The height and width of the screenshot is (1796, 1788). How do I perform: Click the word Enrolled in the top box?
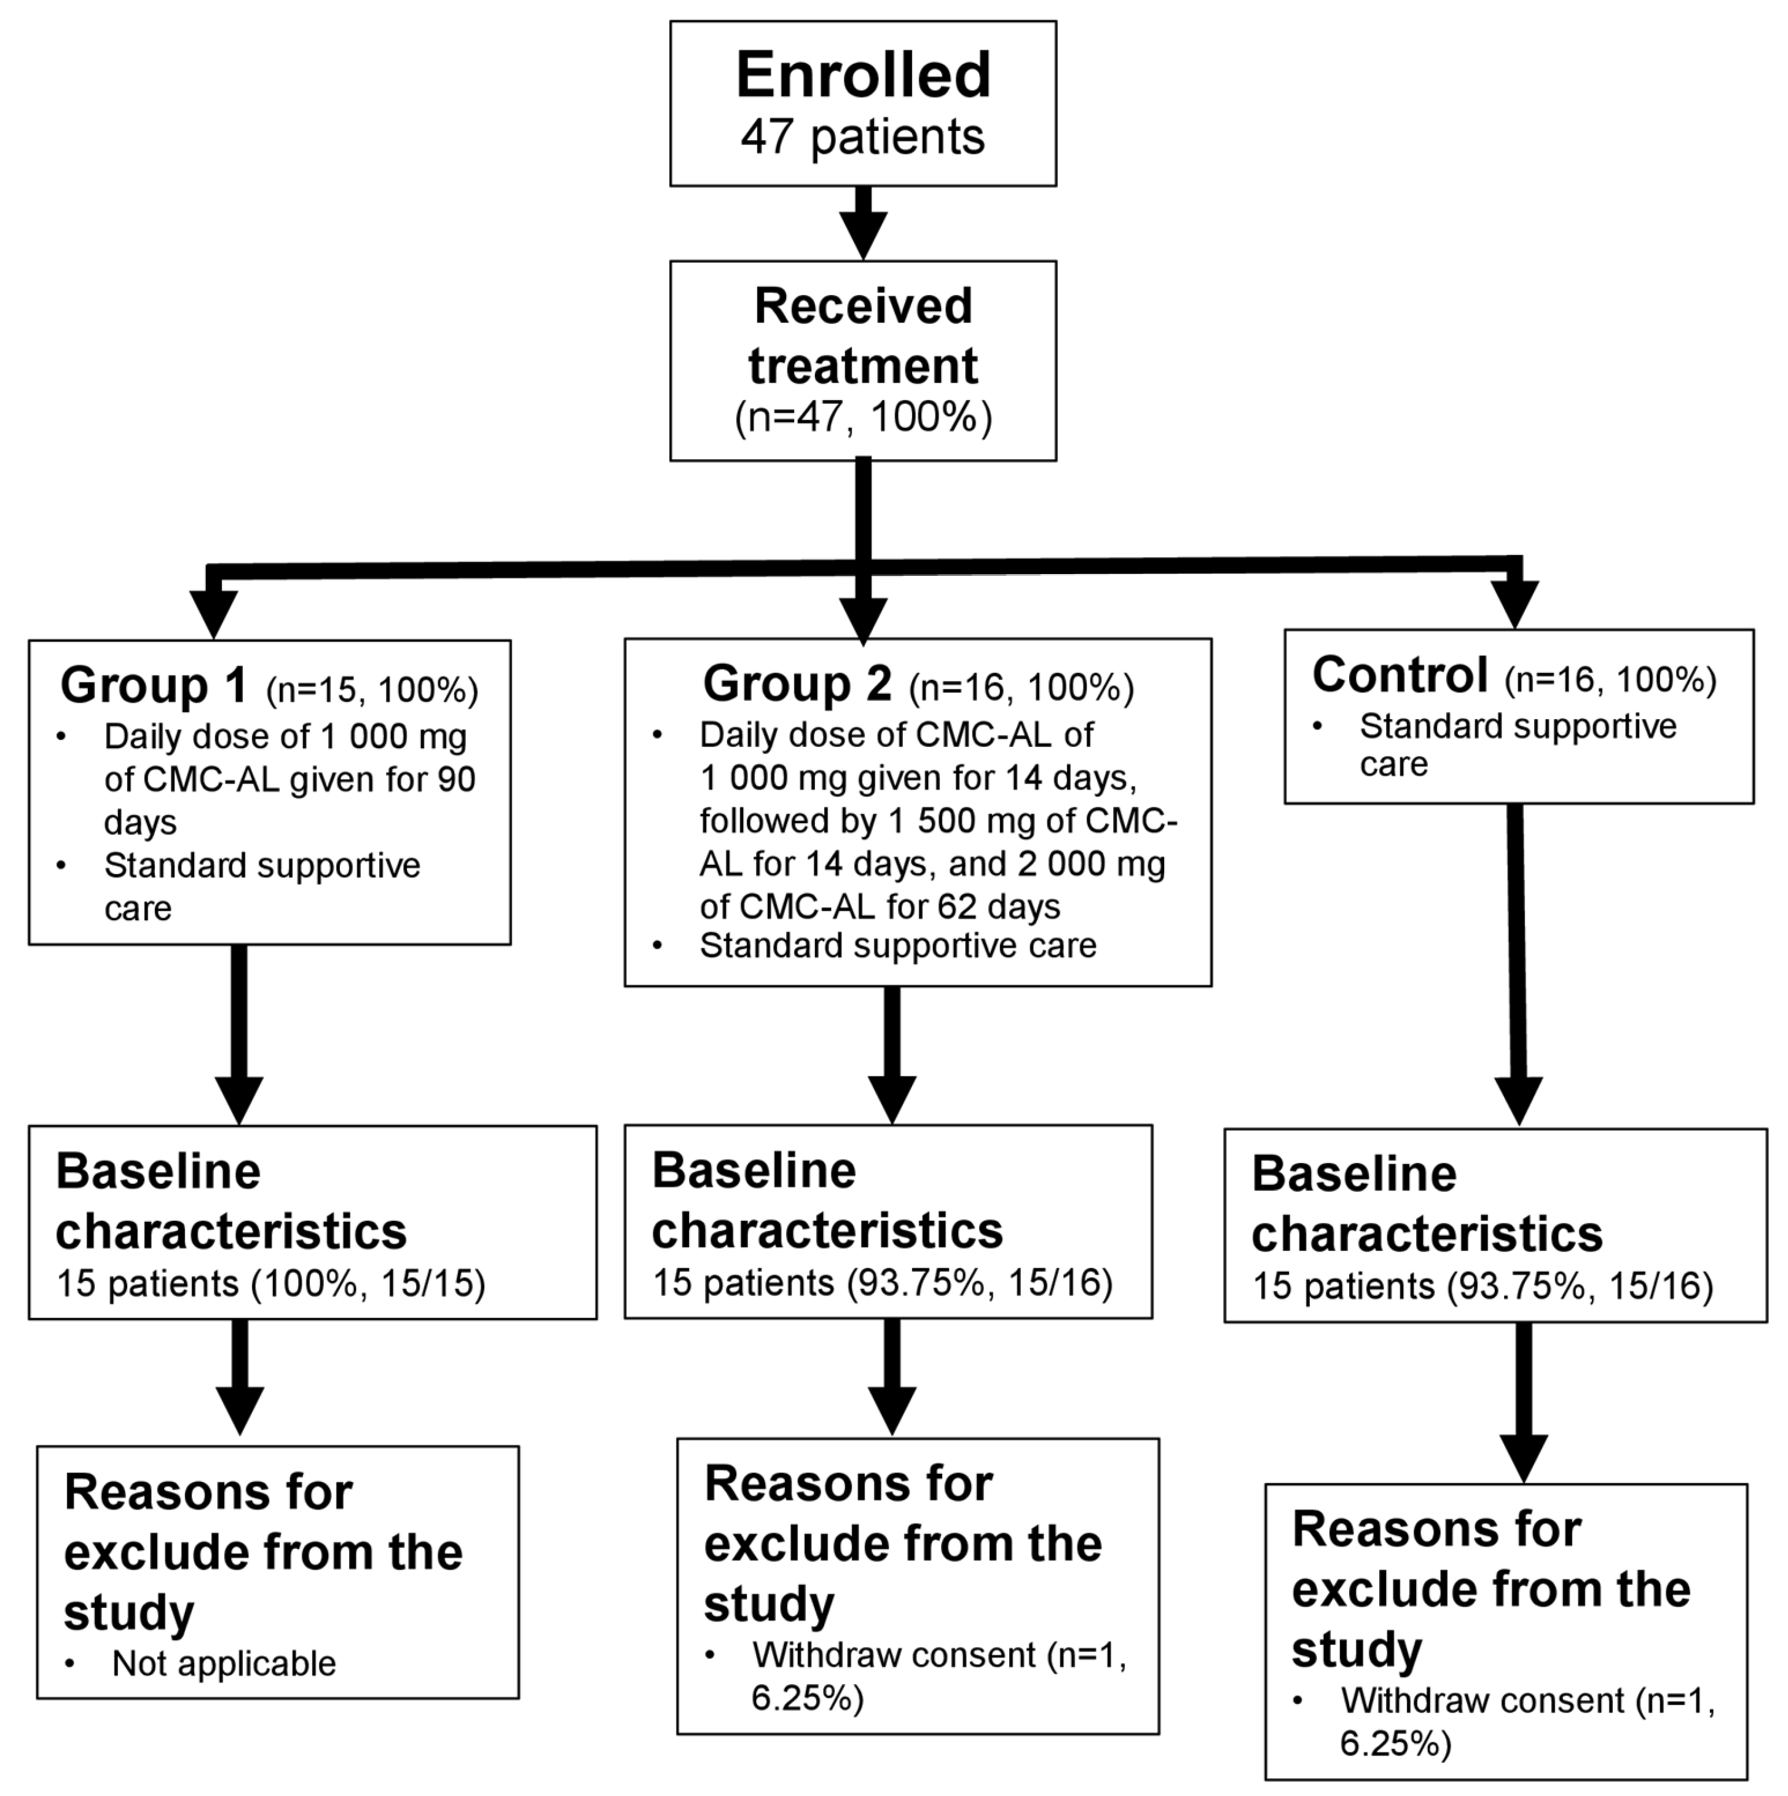863,76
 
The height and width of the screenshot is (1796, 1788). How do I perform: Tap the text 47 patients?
863,138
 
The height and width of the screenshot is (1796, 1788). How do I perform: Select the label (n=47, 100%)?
863,417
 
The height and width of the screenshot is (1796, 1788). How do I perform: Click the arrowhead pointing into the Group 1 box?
214,613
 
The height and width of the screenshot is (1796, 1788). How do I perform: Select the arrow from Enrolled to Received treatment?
863,223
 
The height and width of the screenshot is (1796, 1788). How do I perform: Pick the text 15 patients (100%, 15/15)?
270,1284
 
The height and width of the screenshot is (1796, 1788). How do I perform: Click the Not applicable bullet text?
223,1664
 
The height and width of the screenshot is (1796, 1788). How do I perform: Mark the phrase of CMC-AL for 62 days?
880,907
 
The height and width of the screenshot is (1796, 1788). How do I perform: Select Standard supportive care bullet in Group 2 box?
897,945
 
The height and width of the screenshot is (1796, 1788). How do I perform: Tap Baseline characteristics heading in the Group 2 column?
827,1200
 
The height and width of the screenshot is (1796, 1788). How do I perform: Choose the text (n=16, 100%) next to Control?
1610,680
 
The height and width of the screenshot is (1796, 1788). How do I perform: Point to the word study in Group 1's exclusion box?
128,1613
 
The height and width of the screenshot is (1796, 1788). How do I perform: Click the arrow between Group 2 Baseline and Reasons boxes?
892,1377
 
